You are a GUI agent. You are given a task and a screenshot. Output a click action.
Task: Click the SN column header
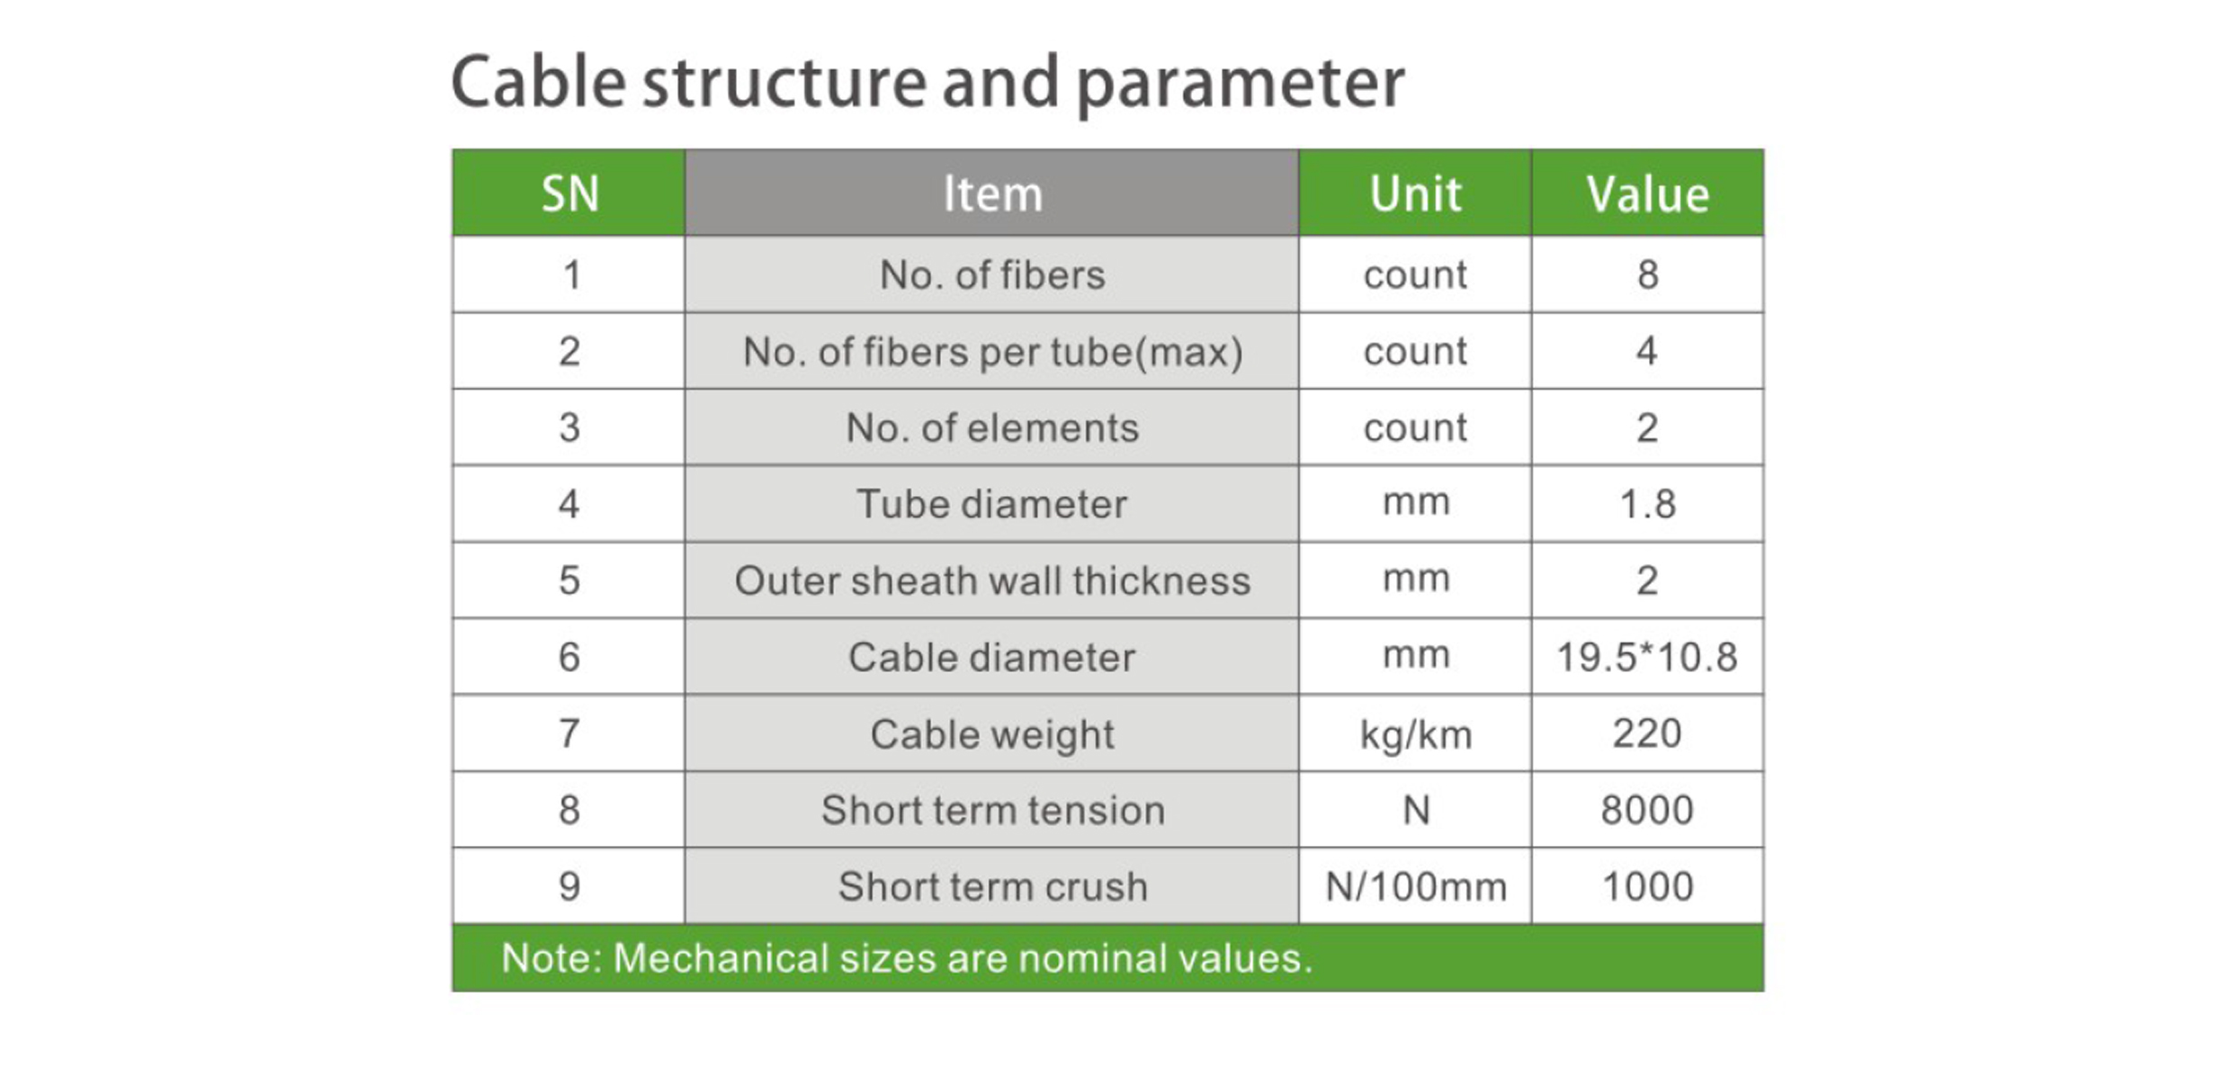569,193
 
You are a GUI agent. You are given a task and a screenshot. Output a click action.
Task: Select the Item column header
991,193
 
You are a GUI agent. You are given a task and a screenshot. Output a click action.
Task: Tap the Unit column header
1415,193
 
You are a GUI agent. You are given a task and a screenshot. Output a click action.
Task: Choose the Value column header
1647,193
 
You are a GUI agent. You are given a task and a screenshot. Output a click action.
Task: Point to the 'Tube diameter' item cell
991,504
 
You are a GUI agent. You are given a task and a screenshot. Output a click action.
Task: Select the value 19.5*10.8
1647,657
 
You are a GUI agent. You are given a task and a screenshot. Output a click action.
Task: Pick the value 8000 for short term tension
1647,810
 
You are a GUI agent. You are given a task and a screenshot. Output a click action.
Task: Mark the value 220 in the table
1647,733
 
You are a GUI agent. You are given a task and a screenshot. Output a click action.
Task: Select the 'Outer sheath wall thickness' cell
991,580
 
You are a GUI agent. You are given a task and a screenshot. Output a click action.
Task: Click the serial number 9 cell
569,886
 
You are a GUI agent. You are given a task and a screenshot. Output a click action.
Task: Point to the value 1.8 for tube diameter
1647,504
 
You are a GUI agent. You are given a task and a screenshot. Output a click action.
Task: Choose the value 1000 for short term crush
1647,886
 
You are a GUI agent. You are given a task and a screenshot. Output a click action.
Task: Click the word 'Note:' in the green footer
551,957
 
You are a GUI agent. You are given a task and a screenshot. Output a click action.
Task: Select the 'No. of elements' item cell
991,427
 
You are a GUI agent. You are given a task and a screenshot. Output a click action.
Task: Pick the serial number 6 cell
569,657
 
